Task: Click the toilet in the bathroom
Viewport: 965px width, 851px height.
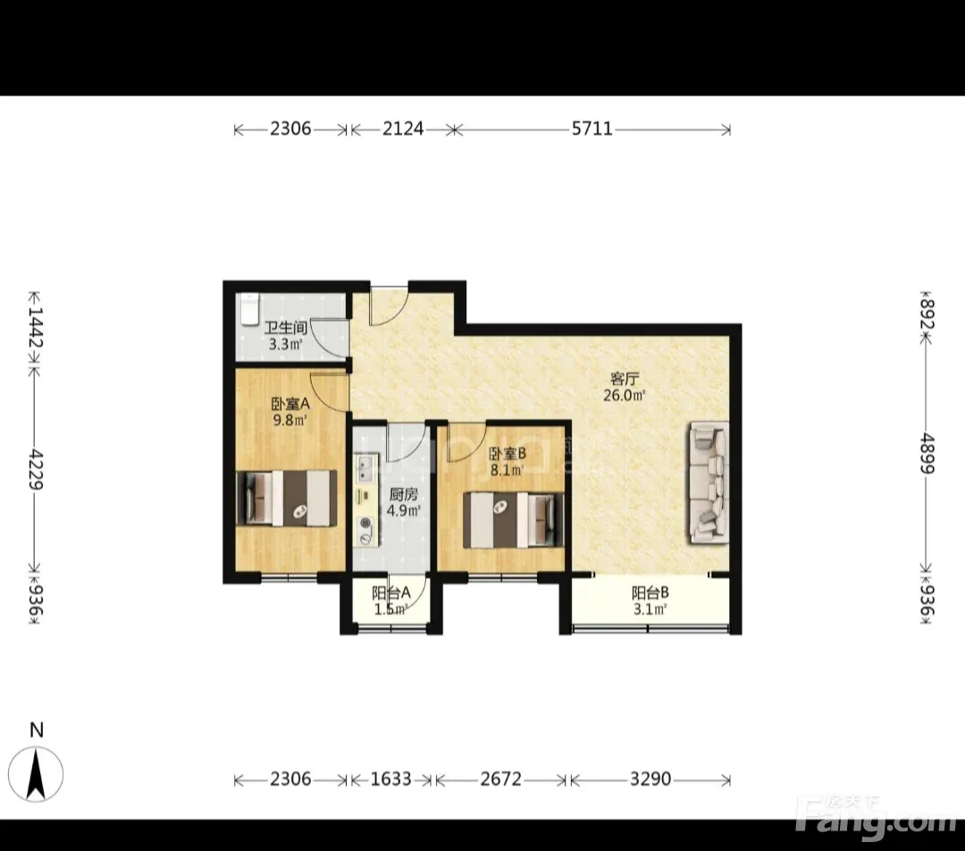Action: coord(248,308)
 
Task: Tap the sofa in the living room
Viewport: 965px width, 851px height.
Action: coord(709,482)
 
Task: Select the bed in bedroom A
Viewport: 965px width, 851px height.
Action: coord(287,498)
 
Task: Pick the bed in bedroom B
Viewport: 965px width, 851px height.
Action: coord(513,519)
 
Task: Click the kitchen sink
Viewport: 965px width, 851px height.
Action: coord(365,468)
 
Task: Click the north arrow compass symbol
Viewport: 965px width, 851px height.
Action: coord(37,773)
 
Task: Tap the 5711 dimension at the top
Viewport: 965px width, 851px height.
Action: coord(592,129)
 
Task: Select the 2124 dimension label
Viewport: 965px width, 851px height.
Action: coord(403,129)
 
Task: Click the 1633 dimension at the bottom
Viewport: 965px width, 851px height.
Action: coord(390,779)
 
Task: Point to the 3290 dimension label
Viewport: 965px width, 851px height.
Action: coord(650,779)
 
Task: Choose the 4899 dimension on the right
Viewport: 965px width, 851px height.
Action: coord(927,454)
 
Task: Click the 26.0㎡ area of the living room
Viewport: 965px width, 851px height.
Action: coord(624,395)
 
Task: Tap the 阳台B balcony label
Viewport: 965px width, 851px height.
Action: coord(650,593)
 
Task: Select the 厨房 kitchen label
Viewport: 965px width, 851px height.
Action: coord(404,493)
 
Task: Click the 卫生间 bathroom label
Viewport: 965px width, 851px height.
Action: coord(286,327)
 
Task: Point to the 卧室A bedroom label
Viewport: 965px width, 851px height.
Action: coord(290,404)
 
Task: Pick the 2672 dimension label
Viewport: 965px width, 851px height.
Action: coord(500,779)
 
